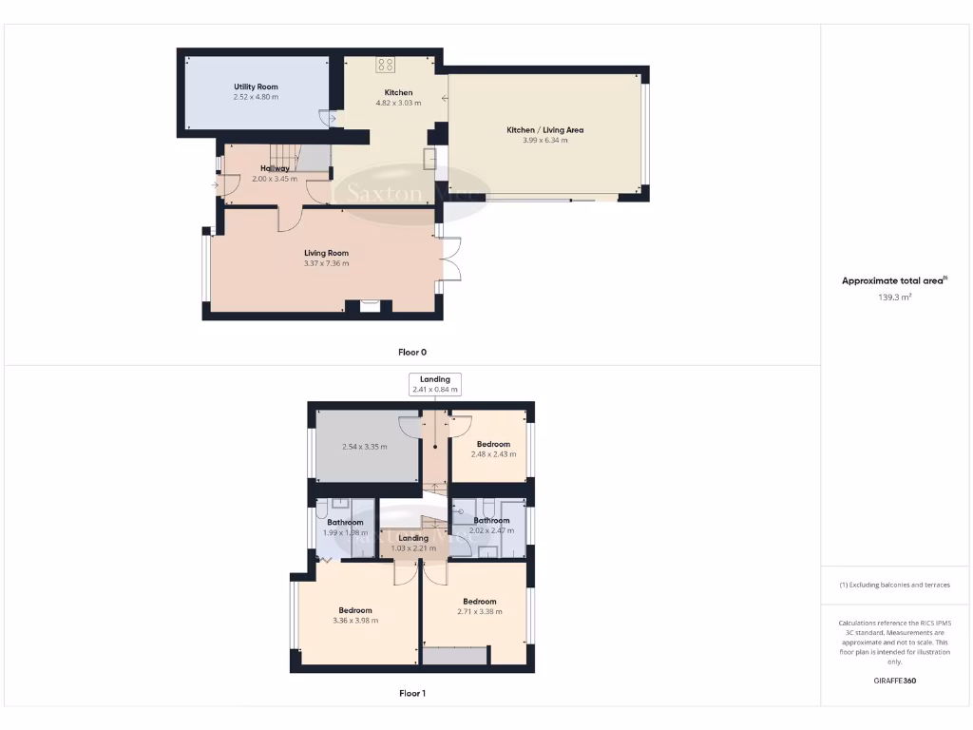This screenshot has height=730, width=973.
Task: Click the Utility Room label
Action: coord(256,86)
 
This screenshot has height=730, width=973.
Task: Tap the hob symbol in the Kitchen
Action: coord(386,65)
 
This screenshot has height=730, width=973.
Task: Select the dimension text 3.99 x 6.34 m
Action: coord(544,140)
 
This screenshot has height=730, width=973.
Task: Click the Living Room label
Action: coord(326,253)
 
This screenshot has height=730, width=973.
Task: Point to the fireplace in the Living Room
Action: coord(370,306)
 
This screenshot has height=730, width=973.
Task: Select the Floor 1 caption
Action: coord(411,693)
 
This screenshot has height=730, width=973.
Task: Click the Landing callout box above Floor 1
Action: coord(435,384)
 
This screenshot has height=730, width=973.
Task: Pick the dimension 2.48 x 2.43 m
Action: coord(493,453)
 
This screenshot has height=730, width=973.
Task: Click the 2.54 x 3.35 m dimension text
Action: coord(364,446)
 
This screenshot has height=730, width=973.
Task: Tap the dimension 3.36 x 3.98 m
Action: coord(355,621)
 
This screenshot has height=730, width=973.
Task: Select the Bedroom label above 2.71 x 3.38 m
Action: coord(480,601)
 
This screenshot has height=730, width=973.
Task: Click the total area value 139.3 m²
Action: coord(894,298)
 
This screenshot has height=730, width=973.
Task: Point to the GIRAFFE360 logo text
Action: coord(894,681)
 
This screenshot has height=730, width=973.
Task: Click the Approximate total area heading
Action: coord(894,280)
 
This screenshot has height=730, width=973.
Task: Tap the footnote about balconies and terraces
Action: coord(894,585)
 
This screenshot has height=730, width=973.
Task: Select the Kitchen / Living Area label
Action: coord(544,129)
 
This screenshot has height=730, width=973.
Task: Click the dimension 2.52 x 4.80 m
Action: coord(256,97)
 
